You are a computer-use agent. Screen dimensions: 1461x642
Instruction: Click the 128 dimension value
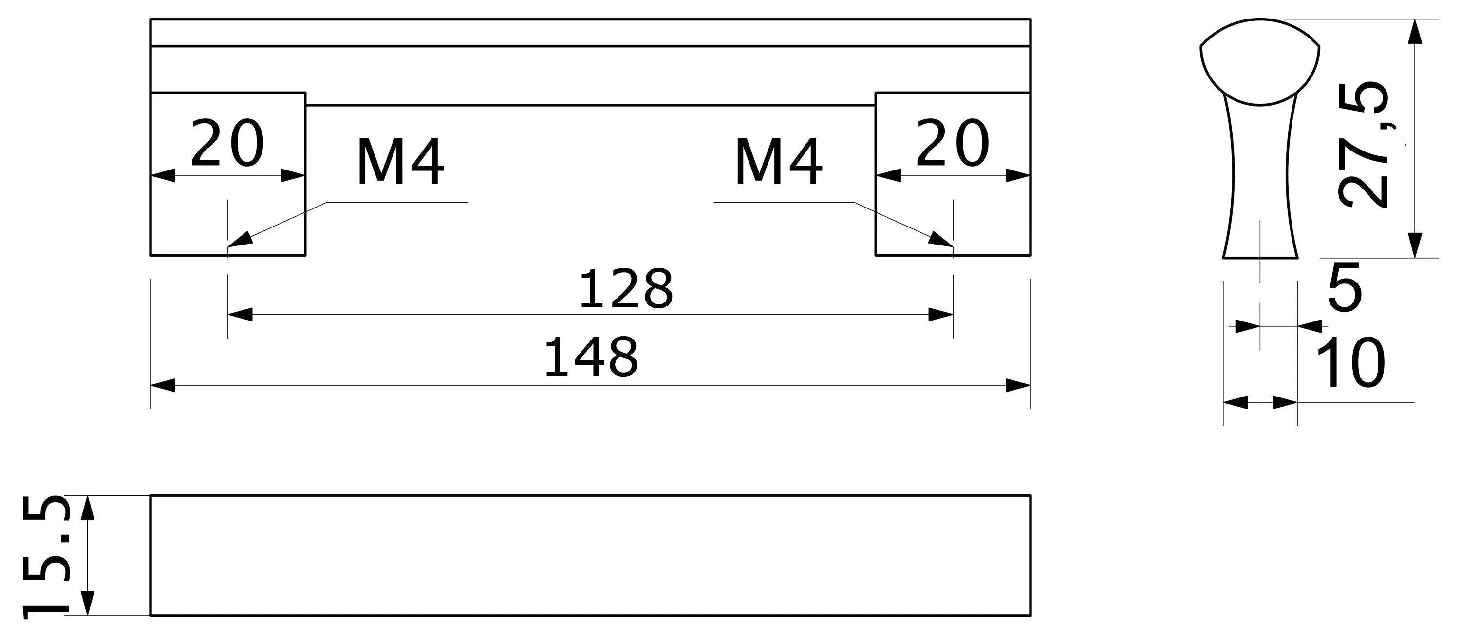626,289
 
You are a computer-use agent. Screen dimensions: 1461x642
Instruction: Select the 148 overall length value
591,358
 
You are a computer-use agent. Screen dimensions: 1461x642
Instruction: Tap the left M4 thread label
400,163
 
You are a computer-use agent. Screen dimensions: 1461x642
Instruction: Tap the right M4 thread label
778,163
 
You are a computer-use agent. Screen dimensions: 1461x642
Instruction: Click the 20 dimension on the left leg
227,143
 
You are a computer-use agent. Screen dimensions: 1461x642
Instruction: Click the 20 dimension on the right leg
953,143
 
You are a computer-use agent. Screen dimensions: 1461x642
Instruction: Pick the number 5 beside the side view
1345,287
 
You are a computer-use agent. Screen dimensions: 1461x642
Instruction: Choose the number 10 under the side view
1350,363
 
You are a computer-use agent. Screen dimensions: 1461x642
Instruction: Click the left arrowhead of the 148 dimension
163,386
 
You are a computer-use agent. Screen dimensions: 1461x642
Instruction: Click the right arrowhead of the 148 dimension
1018,386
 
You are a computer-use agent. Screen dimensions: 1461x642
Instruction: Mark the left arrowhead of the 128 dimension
240,315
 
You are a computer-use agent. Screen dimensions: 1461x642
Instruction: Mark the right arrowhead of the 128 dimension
941,315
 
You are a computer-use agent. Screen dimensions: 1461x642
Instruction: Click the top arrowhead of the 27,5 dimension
1416,32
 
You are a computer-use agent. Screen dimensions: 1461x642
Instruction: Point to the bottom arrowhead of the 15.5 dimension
87,603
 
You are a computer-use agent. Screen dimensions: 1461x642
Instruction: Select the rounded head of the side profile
1260,62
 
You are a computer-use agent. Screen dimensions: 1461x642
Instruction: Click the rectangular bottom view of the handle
590,556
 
